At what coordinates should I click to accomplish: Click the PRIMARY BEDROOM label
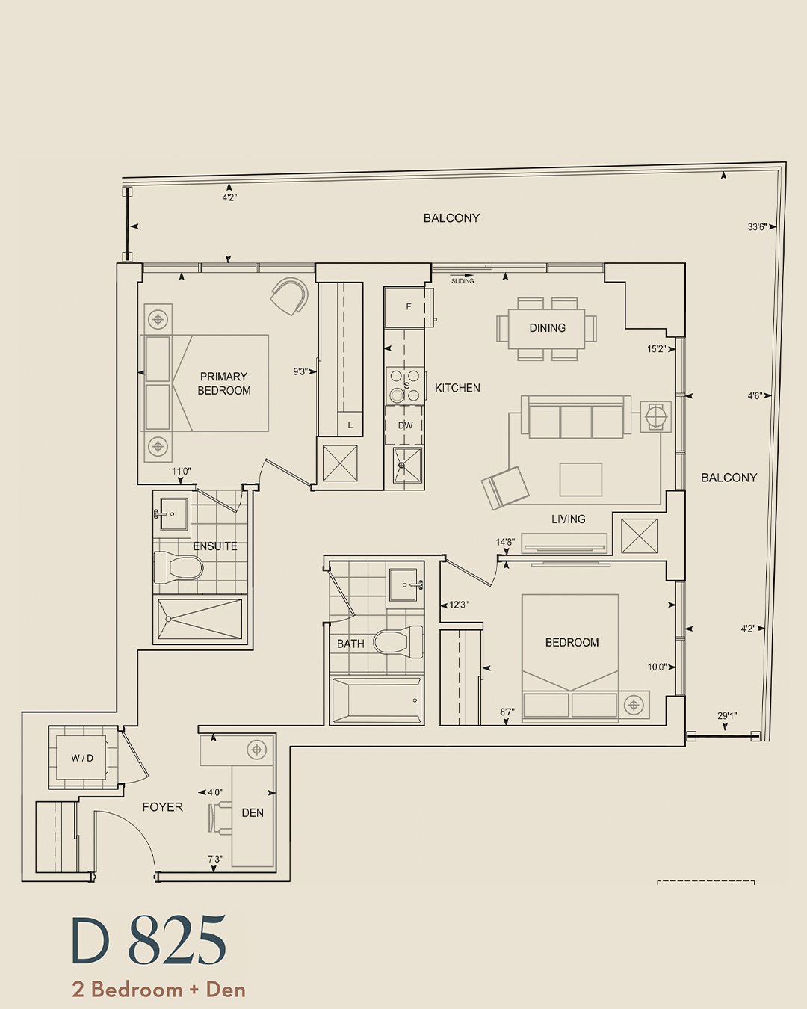[x=223, y=383]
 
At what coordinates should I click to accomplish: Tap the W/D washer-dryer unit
[x=82, y=757]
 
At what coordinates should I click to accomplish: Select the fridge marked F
[x=408, y=307]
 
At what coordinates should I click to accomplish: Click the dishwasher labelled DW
[x=405, y=425]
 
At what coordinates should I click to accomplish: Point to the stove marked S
[x=405, y=386]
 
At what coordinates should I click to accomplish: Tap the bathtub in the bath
[x=376, y=701]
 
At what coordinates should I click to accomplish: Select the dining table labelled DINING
[x=547, y=328]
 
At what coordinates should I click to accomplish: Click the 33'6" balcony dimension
[x=757, y=227]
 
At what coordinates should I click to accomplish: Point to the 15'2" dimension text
[x=657, y=349]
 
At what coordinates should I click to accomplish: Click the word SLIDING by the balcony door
[x=463, y=281]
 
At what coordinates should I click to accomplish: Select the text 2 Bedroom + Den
[x=159, y=990]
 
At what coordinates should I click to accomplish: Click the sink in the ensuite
[x=173, y=514]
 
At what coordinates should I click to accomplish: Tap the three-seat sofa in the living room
[x=576, y=417]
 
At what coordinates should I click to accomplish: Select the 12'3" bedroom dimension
[x=458, y=605]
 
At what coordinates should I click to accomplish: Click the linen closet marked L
[x=350, y=425]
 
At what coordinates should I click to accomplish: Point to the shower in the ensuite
[x=200, y=619]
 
